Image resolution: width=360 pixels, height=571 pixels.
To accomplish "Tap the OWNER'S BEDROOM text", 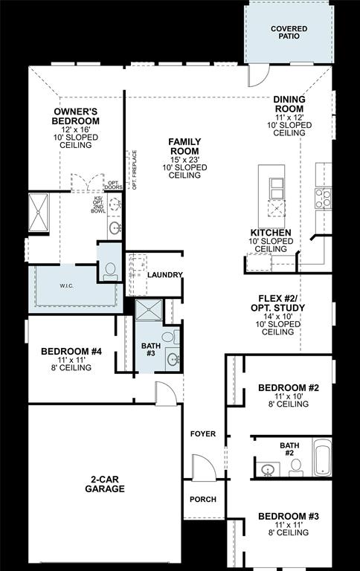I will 76,117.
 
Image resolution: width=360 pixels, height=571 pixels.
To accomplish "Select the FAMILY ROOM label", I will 184,146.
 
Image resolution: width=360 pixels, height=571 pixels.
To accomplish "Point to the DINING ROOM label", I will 289,104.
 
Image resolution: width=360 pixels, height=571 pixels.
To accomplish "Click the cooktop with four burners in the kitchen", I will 324,198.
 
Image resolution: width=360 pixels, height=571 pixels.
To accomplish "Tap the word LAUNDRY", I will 164,275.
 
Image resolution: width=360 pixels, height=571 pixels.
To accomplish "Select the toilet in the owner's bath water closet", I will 110,272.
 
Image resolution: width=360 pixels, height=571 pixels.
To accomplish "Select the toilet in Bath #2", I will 295,466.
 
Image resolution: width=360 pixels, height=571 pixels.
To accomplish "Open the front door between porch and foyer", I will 203,468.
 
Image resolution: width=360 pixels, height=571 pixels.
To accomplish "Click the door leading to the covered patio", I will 257,74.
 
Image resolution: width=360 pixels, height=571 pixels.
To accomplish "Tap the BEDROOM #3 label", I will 288,516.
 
